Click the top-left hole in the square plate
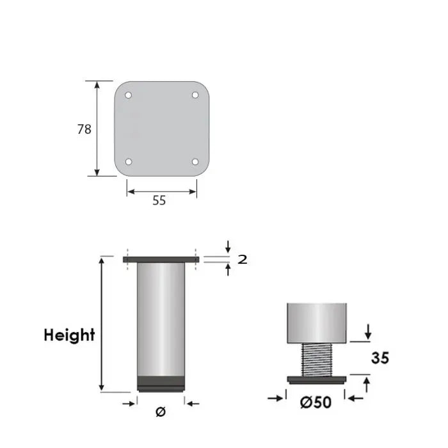tap(128, 95)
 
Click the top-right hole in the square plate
tap(195, 95)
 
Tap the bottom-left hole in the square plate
tap(128, 161)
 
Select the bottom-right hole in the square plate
tap(195, 161)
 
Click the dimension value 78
tap(84, 129)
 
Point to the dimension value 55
tap(159, 200)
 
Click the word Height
tap(69, 335)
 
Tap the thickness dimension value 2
tap(242, 259)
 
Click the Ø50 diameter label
tap(316, 403)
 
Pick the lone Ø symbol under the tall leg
tap(160, 412)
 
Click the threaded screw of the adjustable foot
tap(317, 360)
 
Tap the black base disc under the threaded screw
tap(317, 380)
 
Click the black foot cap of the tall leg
tap(161, 384)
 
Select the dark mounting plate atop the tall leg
tap(161, 259)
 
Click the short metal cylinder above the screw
tap(317, 323)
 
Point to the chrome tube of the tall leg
tap(161, 320)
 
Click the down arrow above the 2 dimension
tap(228, 246)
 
